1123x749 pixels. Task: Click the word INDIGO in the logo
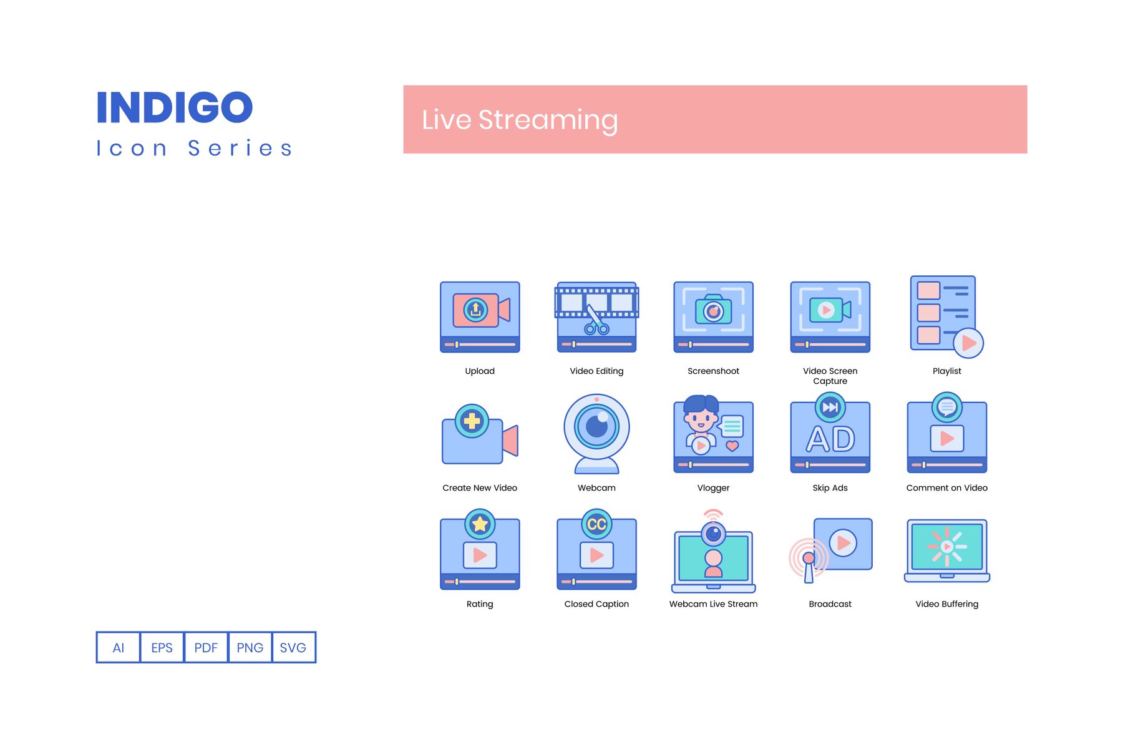pos(175,107)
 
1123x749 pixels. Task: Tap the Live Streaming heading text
pos(520,120)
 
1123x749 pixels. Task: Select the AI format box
pos(119,647)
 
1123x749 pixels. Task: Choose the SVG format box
pos(293,647)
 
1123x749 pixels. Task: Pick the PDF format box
pos(206,647)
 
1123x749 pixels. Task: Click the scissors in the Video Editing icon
pos(596,320)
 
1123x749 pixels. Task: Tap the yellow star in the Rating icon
pos(480,524)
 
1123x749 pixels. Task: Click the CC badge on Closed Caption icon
pos(597,524)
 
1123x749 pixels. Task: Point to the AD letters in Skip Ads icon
pos(830,439)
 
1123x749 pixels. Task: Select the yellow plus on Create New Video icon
pos(472,421)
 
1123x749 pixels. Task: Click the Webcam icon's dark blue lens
pos(597,427)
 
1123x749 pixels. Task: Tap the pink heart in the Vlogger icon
pos(732,446)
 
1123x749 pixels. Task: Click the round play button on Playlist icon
pos(968,343)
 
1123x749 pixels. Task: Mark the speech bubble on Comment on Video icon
pos(947,408)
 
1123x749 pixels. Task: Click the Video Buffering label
pos(946,604)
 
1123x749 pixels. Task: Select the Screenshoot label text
pos(713,371)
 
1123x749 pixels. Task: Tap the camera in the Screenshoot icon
pos(714,310)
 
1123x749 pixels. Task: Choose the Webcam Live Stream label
pos(713,604)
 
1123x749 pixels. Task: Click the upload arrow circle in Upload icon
pos(475,310)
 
